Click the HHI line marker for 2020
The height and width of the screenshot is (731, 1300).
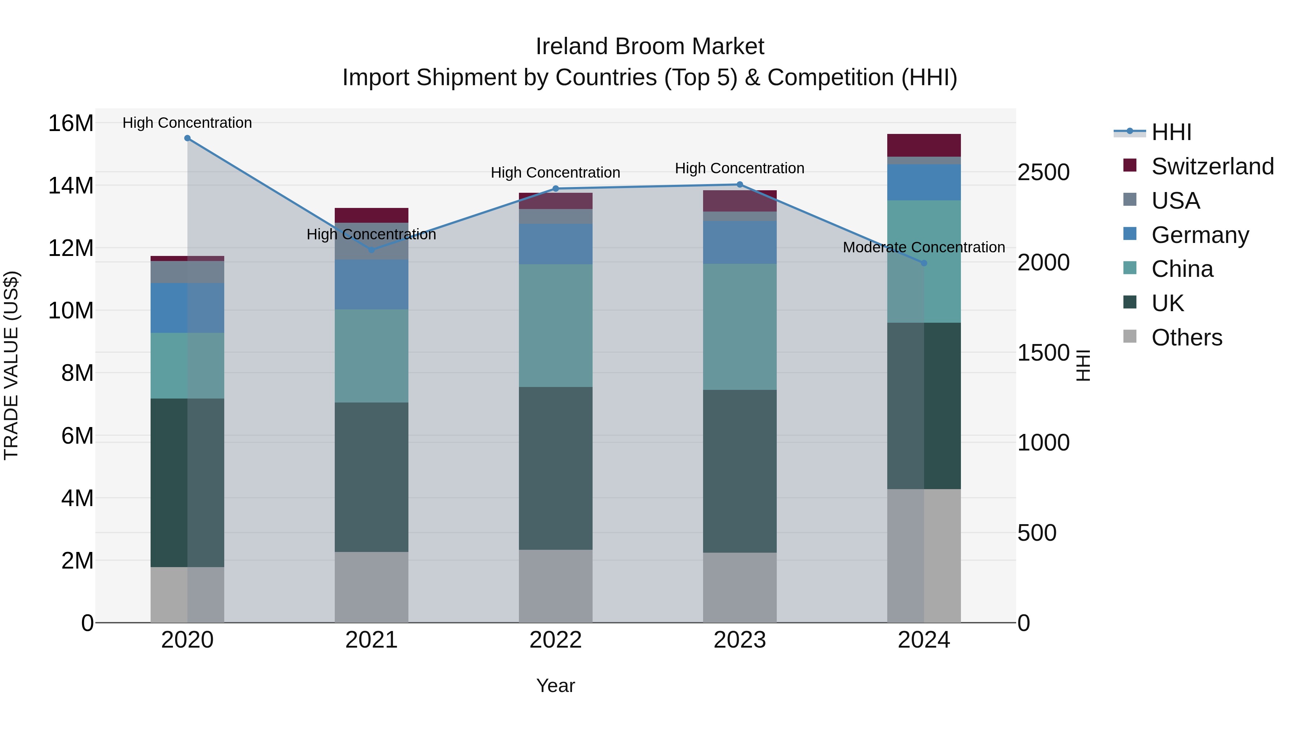(187, 138)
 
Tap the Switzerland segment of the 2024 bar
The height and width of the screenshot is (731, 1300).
(924, 145)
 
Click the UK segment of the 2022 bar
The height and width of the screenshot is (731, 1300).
(556, 468)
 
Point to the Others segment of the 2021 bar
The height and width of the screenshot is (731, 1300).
(372, 587)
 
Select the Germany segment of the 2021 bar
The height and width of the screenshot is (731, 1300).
(372, 284)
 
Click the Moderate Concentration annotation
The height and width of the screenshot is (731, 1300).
(924, 247)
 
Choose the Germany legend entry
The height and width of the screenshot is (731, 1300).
(1200, 235)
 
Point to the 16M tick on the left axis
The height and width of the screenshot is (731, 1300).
(71, 123)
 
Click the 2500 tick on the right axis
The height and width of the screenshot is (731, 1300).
(1043, 173)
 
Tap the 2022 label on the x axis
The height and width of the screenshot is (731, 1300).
(556, 640)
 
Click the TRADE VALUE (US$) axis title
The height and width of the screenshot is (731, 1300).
(11, 365)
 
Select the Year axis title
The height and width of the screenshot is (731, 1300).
(556, 686)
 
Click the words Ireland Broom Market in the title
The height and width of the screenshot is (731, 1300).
(650, 47)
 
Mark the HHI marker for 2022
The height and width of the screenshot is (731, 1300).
(556, 189)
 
